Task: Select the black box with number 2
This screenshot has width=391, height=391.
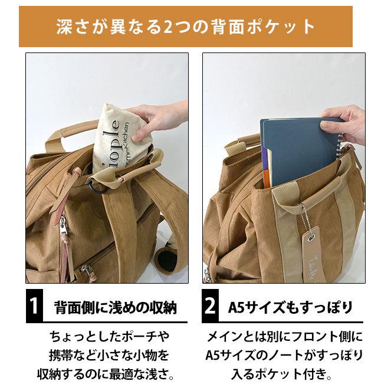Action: click(x=211, y=307)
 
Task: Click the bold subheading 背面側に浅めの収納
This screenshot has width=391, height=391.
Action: click(x=115, y=308)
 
